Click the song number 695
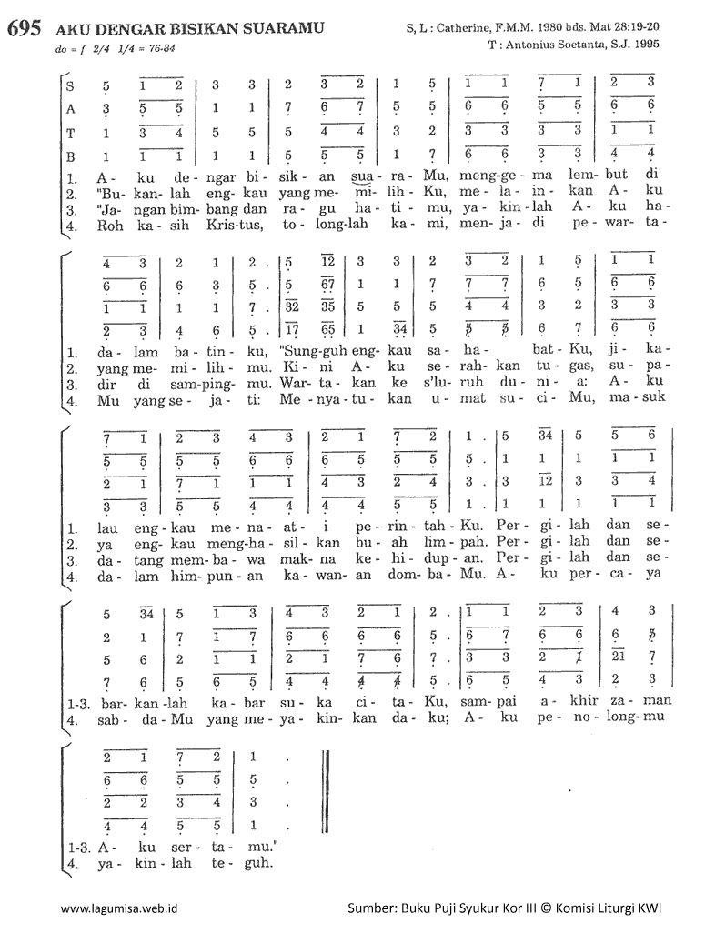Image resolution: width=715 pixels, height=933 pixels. (23, 28)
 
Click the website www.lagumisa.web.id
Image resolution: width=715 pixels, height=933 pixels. (118, 908)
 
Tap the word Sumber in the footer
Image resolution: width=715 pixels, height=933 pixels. (371, 908)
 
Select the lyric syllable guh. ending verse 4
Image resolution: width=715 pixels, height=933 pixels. (258, 862)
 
